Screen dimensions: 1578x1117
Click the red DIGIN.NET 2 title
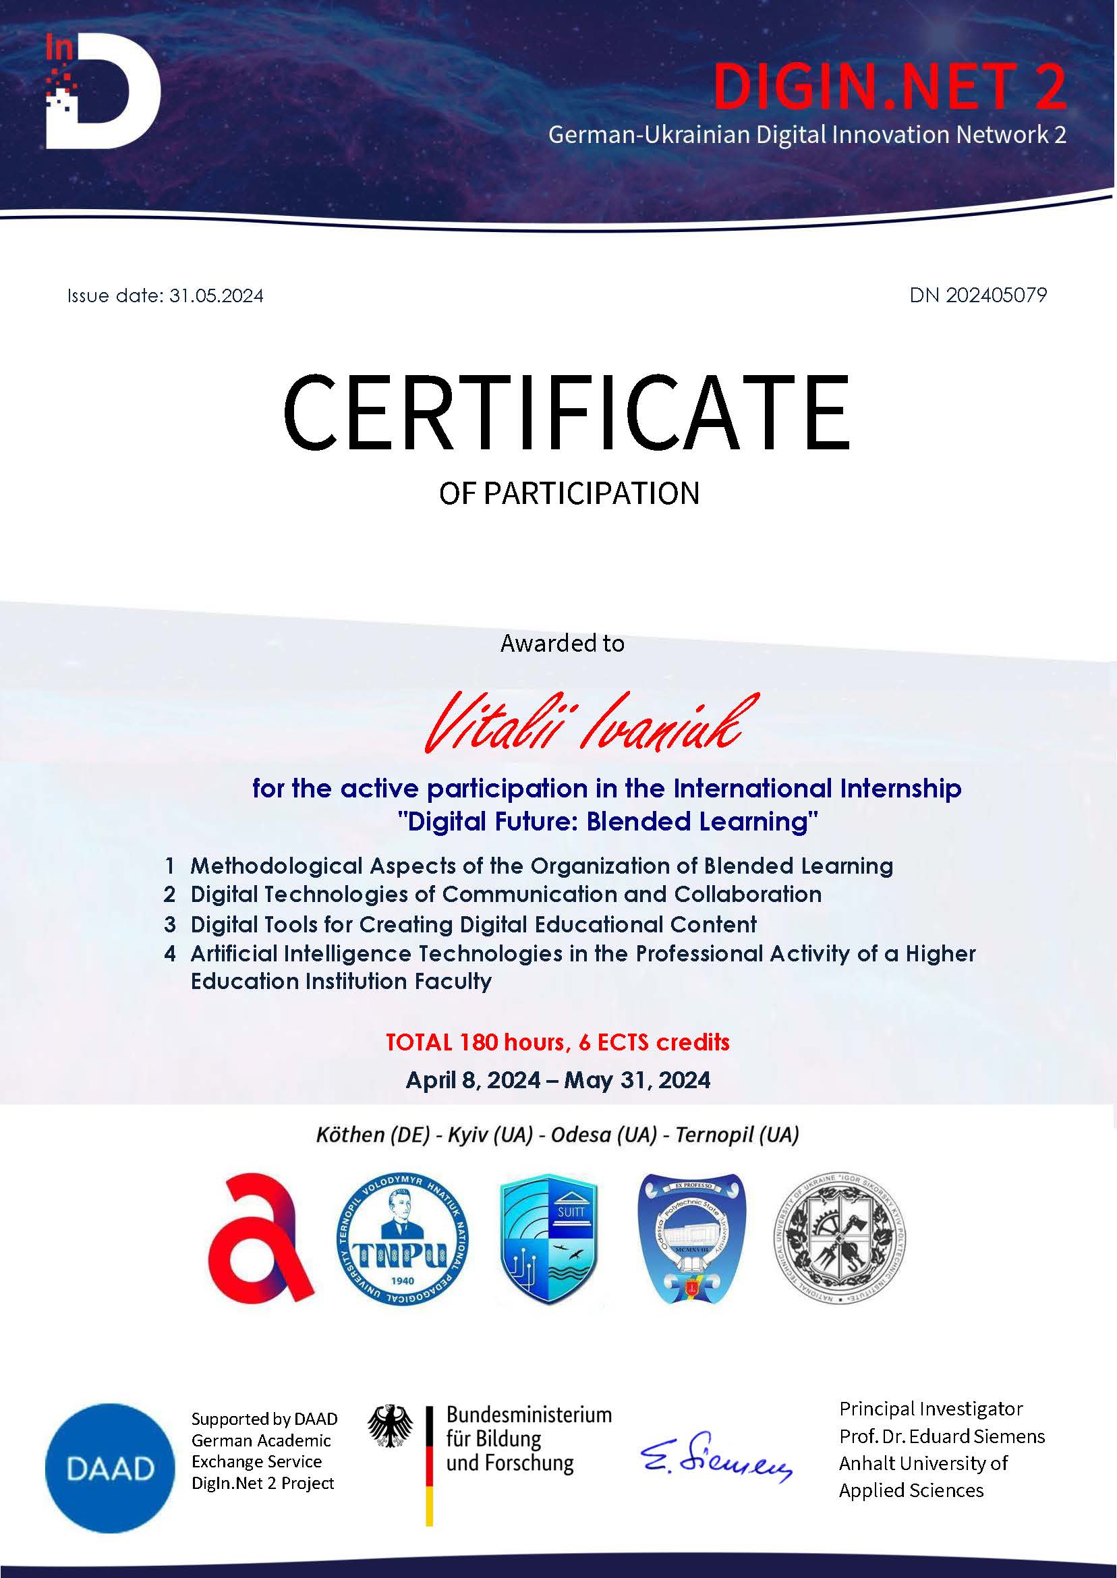click(x=888, y=86)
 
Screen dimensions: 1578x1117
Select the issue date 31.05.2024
click(x=216, y=295)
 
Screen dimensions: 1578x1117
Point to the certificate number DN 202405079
click(x=977, y=295)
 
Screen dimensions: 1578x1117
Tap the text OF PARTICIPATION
click(x=569, y=493)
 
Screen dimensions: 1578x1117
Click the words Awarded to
click(x=562, y=643)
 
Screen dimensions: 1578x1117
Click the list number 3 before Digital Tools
click(x=170, y=924)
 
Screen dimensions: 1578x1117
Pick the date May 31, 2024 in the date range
click(x=637, y=1080)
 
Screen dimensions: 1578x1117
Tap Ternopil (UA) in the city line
click(x=737, y=1134)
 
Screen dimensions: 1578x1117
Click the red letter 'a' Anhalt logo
click(x=260, y=1238)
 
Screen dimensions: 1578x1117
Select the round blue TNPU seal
click(x=403, y=1239)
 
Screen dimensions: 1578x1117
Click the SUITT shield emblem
click(x=549, y=1239)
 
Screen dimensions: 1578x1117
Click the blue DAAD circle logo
click(x=110, y=1469)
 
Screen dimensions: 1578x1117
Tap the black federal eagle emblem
click(x=390, y=1427)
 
